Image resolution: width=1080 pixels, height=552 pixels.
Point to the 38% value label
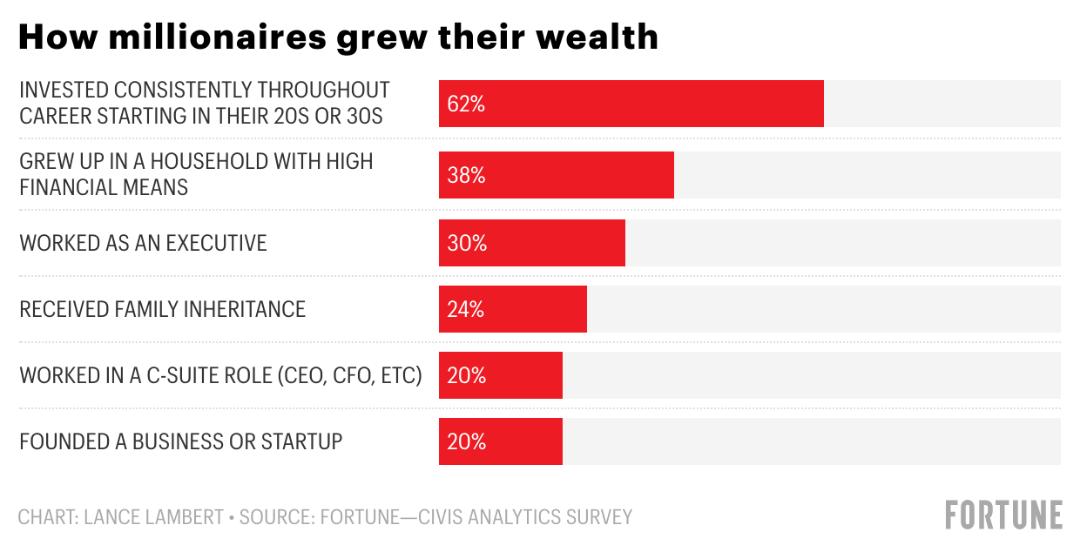tap(466, 175)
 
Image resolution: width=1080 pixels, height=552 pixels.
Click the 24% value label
tap(466, 309)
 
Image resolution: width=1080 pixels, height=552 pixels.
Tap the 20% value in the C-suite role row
tap(466, 375)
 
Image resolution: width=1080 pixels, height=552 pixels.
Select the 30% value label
tap(466, 243)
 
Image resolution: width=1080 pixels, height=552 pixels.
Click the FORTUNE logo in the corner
tap(1003, 515)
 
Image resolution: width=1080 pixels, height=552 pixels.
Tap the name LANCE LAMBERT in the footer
tap(154, 516)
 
